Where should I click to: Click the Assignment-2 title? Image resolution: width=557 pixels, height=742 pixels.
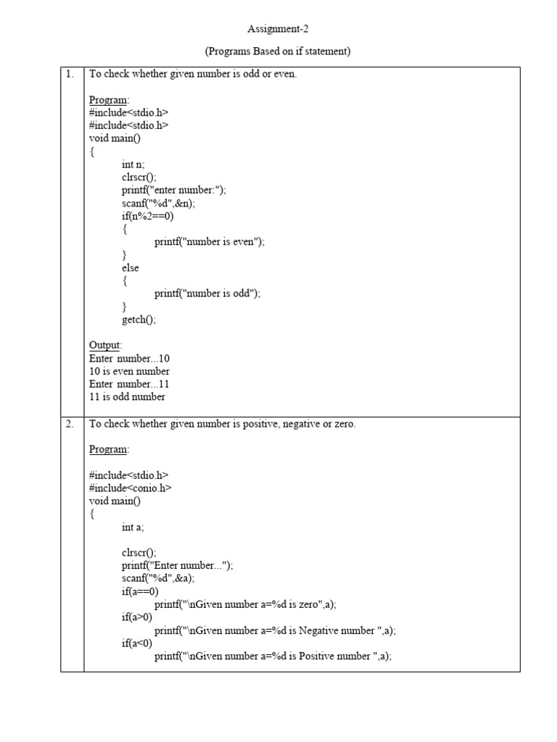278,29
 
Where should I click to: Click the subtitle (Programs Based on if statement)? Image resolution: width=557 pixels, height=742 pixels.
278,51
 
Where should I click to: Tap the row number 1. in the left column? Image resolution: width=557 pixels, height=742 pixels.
70,74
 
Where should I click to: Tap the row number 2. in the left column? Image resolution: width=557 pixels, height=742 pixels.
70,424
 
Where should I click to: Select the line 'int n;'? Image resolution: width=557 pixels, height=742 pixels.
133,164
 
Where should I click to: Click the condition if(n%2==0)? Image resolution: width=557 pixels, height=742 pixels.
148,216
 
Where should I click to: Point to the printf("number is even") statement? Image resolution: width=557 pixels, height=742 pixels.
210,242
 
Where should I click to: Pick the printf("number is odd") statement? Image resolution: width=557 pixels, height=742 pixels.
207,293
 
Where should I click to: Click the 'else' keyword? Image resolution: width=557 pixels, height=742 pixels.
131,267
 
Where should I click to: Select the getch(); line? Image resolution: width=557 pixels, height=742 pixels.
139,319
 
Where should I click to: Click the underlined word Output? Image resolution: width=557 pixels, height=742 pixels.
105,345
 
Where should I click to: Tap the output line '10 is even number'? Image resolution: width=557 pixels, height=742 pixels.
129,371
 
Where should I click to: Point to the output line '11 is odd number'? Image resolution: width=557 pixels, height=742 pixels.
127,396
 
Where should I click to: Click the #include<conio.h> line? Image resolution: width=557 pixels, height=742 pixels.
130,488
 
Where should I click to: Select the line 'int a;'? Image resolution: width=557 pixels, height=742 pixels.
133,527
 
